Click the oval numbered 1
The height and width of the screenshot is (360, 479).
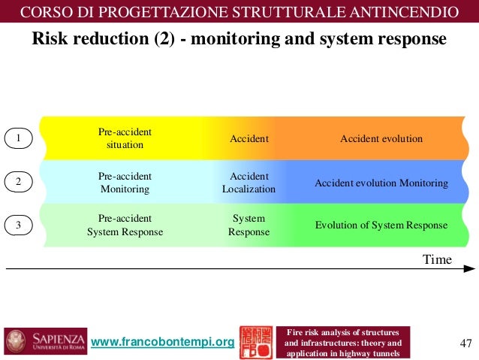click(19, 138)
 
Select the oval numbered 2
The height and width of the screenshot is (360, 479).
click(19, 182)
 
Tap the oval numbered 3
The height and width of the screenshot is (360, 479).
click(19, 224)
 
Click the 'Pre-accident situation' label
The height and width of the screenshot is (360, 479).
click(125, 138)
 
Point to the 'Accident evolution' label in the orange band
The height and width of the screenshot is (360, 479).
click(381, 138)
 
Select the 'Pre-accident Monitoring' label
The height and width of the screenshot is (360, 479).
click(125, 183)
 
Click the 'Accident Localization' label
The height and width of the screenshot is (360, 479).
click(249, 183)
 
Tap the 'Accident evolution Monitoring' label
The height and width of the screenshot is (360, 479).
click(381, 183)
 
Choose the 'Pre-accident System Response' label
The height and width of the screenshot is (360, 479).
click(125, 225)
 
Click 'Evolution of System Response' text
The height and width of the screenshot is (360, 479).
click(381, 225)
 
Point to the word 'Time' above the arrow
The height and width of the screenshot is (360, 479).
click(437, 259)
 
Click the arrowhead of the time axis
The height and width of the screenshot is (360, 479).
click(469, 268)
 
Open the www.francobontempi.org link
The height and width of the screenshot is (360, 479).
click(162, 343)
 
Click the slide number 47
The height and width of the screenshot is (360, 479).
click(465, 343)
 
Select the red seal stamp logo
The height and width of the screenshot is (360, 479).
click(255, 342)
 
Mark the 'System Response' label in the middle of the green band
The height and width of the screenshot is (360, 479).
click(249, 225)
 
